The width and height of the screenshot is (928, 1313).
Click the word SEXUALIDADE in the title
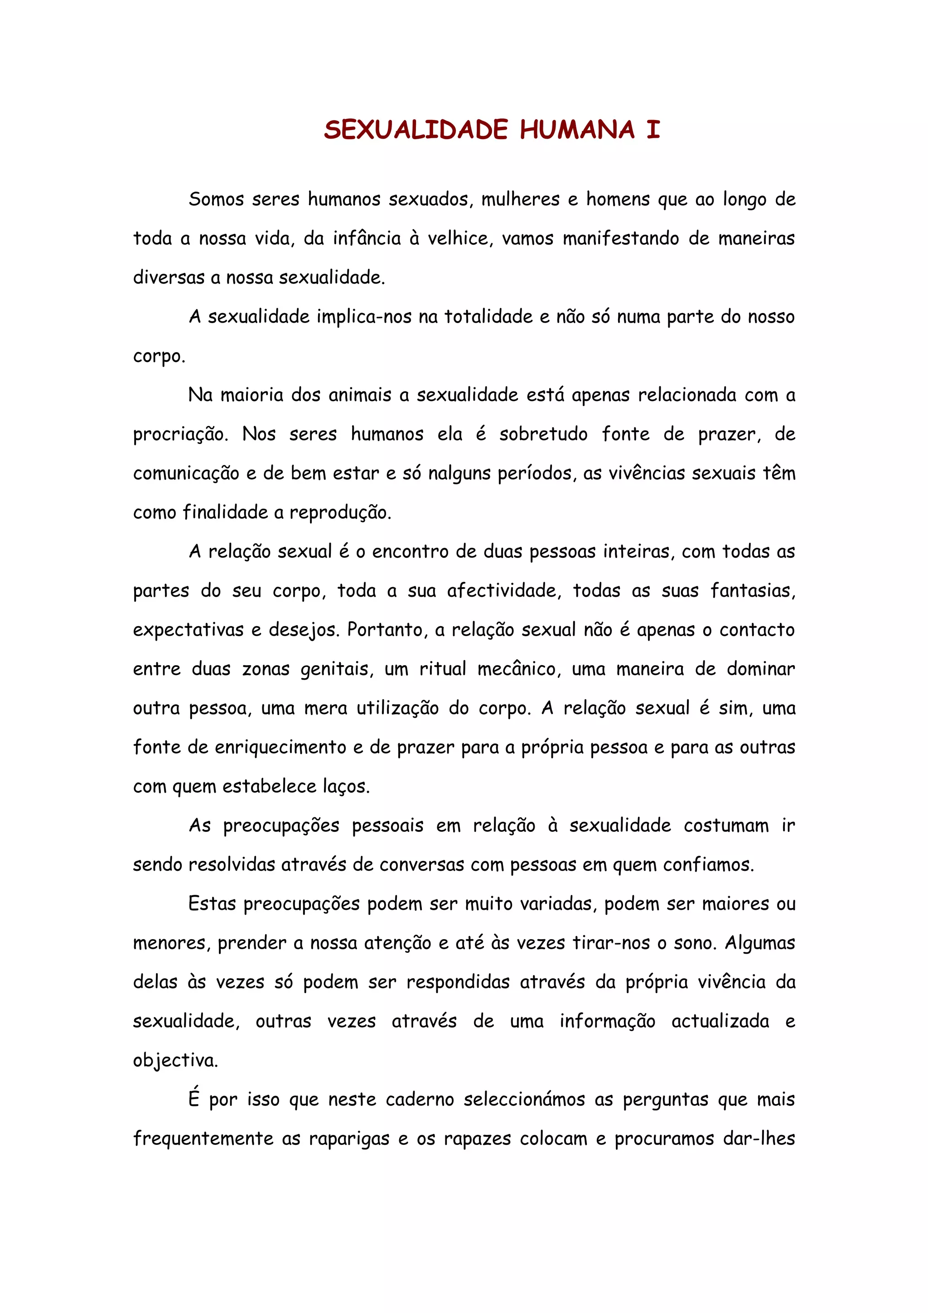coord(416,130)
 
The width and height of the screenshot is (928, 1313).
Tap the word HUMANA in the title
coord(577,130)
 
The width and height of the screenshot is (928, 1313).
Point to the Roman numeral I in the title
coord(653,130)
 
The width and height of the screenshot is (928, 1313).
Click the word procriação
coord(180,434)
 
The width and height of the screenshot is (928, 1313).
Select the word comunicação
coord(186,473)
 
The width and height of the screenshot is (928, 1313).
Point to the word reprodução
coord(340,513)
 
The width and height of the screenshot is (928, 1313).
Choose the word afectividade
coord(502,591)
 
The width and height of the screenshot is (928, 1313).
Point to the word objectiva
coord(175,1061)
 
